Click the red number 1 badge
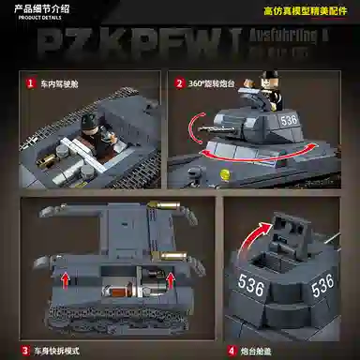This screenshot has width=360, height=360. [30, 82]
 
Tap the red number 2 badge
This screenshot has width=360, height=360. [180, 82]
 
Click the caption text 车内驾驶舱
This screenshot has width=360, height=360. [61, 82]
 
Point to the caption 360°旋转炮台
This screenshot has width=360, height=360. [215, 82]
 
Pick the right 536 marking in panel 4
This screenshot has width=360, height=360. [323, 282]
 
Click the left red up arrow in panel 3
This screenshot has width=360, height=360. [66, 278]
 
